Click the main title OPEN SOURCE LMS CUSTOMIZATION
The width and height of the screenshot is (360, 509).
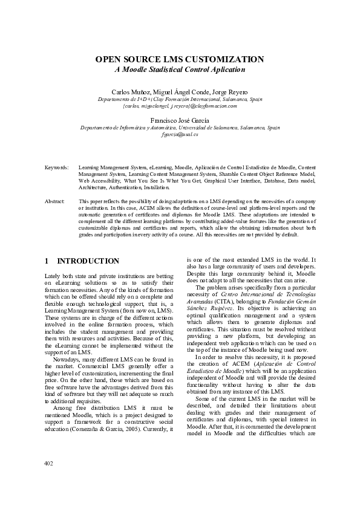(180, 59)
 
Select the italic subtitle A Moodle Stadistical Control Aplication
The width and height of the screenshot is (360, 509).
(180, 70)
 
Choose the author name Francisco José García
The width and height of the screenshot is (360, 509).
(180, 120)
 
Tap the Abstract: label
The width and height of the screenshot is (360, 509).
(54, 200)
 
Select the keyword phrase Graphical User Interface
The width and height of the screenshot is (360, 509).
(218, 180)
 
